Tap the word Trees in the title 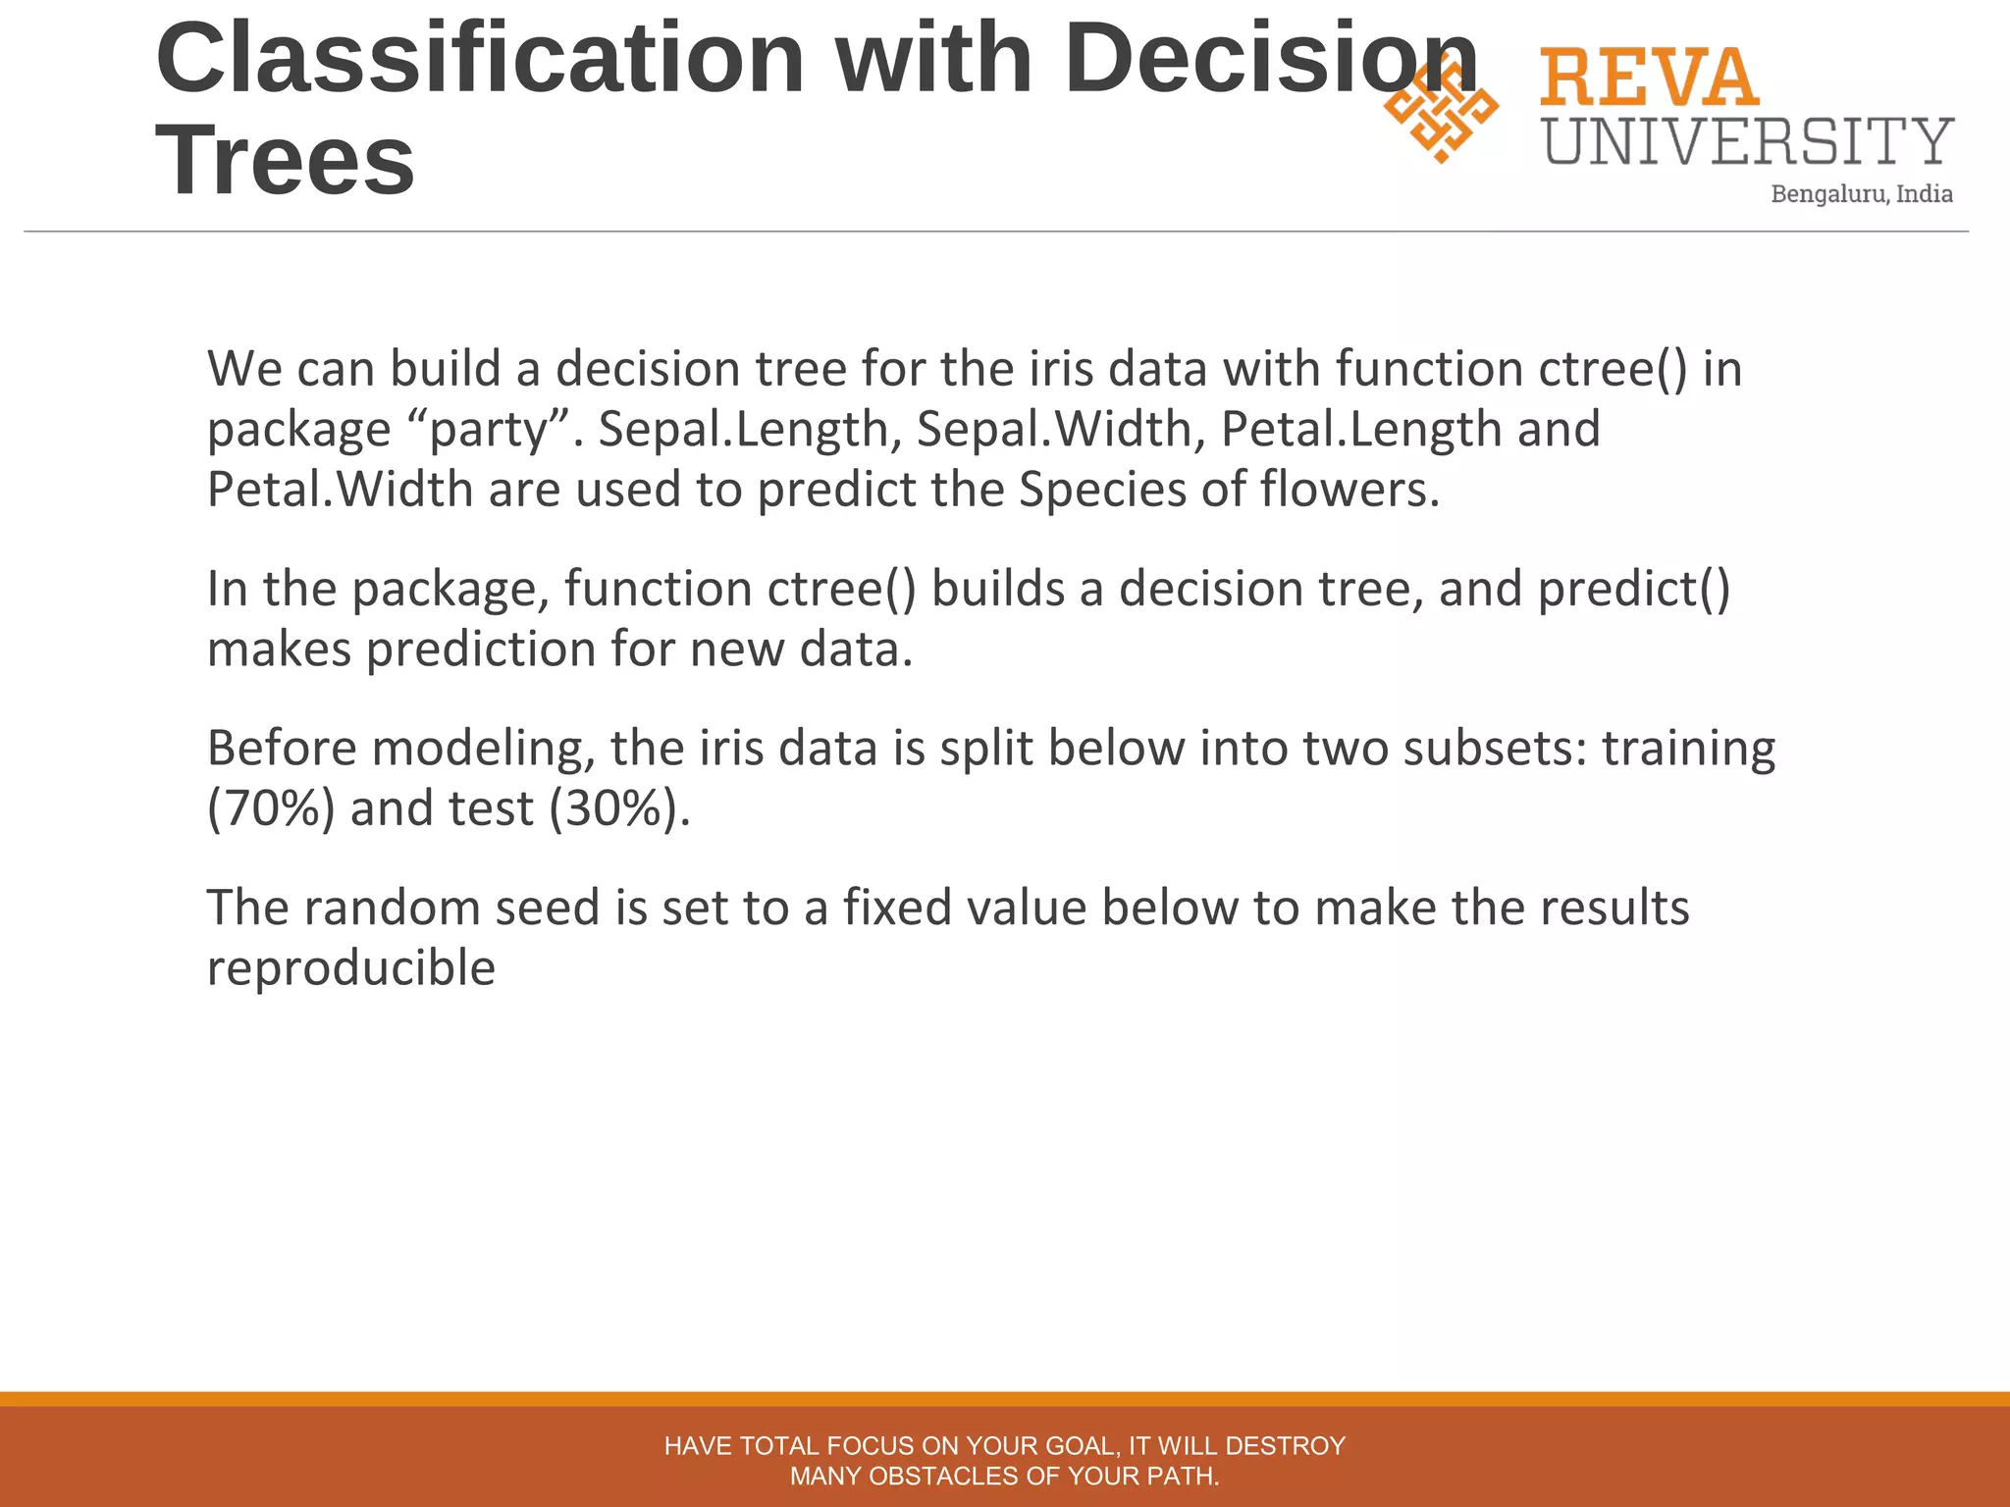pos(285,161)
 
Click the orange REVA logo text pos(1649,78)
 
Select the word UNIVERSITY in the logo pos(1748,141)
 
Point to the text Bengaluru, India pos(1861,194)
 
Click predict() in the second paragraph pos(1633,590)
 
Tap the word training pos(1688,749)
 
